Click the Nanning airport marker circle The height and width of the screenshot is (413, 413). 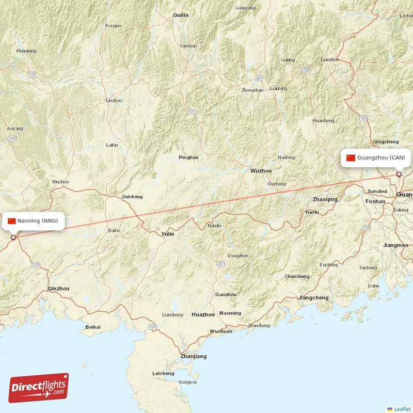pyautogui.click(x=13, y=238)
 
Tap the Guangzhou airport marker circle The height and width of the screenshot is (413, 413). pyautogui.click(x=399, y=174)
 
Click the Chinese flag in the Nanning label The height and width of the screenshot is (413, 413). pyautogui.click(x=11, y=221)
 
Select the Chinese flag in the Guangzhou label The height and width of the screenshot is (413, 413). pyautogui.click(x=351, y=157)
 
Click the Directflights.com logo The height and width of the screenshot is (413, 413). pyautogui.click(x=39, y=388)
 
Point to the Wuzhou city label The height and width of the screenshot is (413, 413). pyautogui.click(x=261, y=171)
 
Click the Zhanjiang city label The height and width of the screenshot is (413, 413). pyautogui.click(x=194, y=356)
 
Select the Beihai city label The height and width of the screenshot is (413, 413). pyautogui.click(x=93, y=327)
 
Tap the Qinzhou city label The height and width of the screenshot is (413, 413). pyautogui.click(x=58, y=289)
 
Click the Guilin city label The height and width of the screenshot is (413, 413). pyautogui.click(x=181, y=15)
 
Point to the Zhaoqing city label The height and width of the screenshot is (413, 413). pyautogui.click(x=325, y=199)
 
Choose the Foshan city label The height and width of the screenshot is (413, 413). pyautogui.click(x=375, y=201)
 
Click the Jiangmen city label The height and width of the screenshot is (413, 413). pyautogui.click(x=396, y=245)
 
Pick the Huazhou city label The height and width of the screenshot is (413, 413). pyautogui.click(x=203, y=314)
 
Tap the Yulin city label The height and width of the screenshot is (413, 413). pyautogui.click(x=168, y=234)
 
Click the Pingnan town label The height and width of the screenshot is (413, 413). pyautogui.click(x=188, y=157)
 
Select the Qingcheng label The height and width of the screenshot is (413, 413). pyautogui.click(x=386, y=141)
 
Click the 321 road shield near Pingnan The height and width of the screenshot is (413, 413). pyautogui.click(x=192, y=112)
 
